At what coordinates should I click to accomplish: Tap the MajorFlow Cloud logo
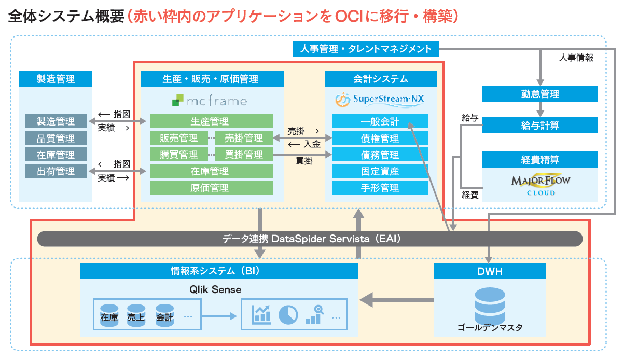click(x=540, y=185)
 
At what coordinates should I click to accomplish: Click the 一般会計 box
click(x=380, y=122)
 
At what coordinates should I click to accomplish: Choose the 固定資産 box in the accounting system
click(x=380, y=171)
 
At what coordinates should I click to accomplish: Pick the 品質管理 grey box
click(x=56, y=139)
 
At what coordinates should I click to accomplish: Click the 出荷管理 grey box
click(x=56, y=171)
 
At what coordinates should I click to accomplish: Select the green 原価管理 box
click(x=211, y=188)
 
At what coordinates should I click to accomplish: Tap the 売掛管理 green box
click(x=243, y=138)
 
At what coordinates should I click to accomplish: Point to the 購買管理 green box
click(x=178, y=155)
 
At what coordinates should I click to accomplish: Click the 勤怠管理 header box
click(x=540, y=94)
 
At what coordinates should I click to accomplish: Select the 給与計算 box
click(x=540, y=126)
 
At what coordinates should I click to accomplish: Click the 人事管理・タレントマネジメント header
click(x=366, y=49)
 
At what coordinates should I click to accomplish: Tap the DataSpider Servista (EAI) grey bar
click(x=310, y=239)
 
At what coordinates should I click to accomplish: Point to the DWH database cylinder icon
click(x=490, y=304)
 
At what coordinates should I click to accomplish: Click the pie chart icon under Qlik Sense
click(x=288, y=314)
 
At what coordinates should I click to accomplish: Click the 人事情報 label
click(x=576, y=58)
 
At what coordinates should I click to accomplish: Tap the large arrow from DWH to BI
click(x=397, y=299)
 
